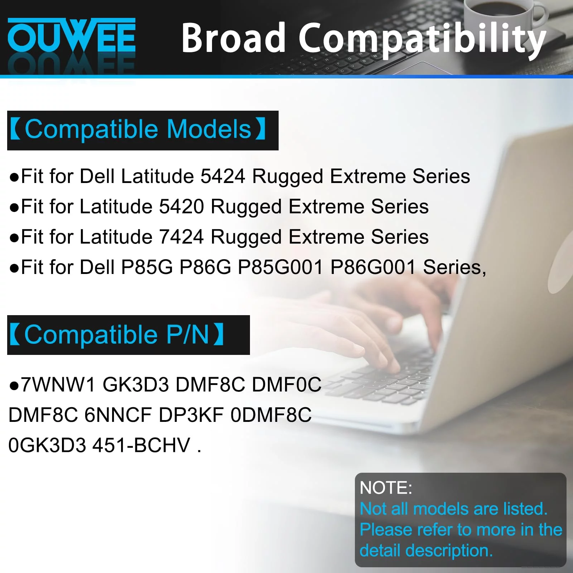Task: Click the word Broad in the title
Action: click(x=233, y=38)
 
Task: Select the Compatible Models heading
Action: click(x=138, y=129)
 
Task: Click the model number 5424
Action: click(x=223, y=176)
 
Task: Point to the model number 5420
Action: click(x=181, y=207)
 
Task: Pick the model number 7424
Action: click(x=181, y=237)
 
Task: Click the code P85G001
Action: click(x=280, y=267)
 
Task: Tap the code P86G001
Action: click(x=373, y=267)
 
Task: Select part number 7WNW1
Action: click(x=58, y=385)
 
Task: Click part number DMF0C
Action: click(x=286, y=385)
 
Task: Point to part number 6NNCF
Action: click(x=118, y=415)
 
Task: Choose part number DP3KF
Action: click(x=191, y=415)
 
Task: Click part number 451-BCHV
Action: click(x=141, y=446)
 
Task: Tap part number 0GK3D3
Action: click(x=47, y=446)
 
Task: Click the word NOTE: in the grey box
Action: click(x=386, y=488)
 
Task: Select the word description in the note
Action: click(x=449, y=551)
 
